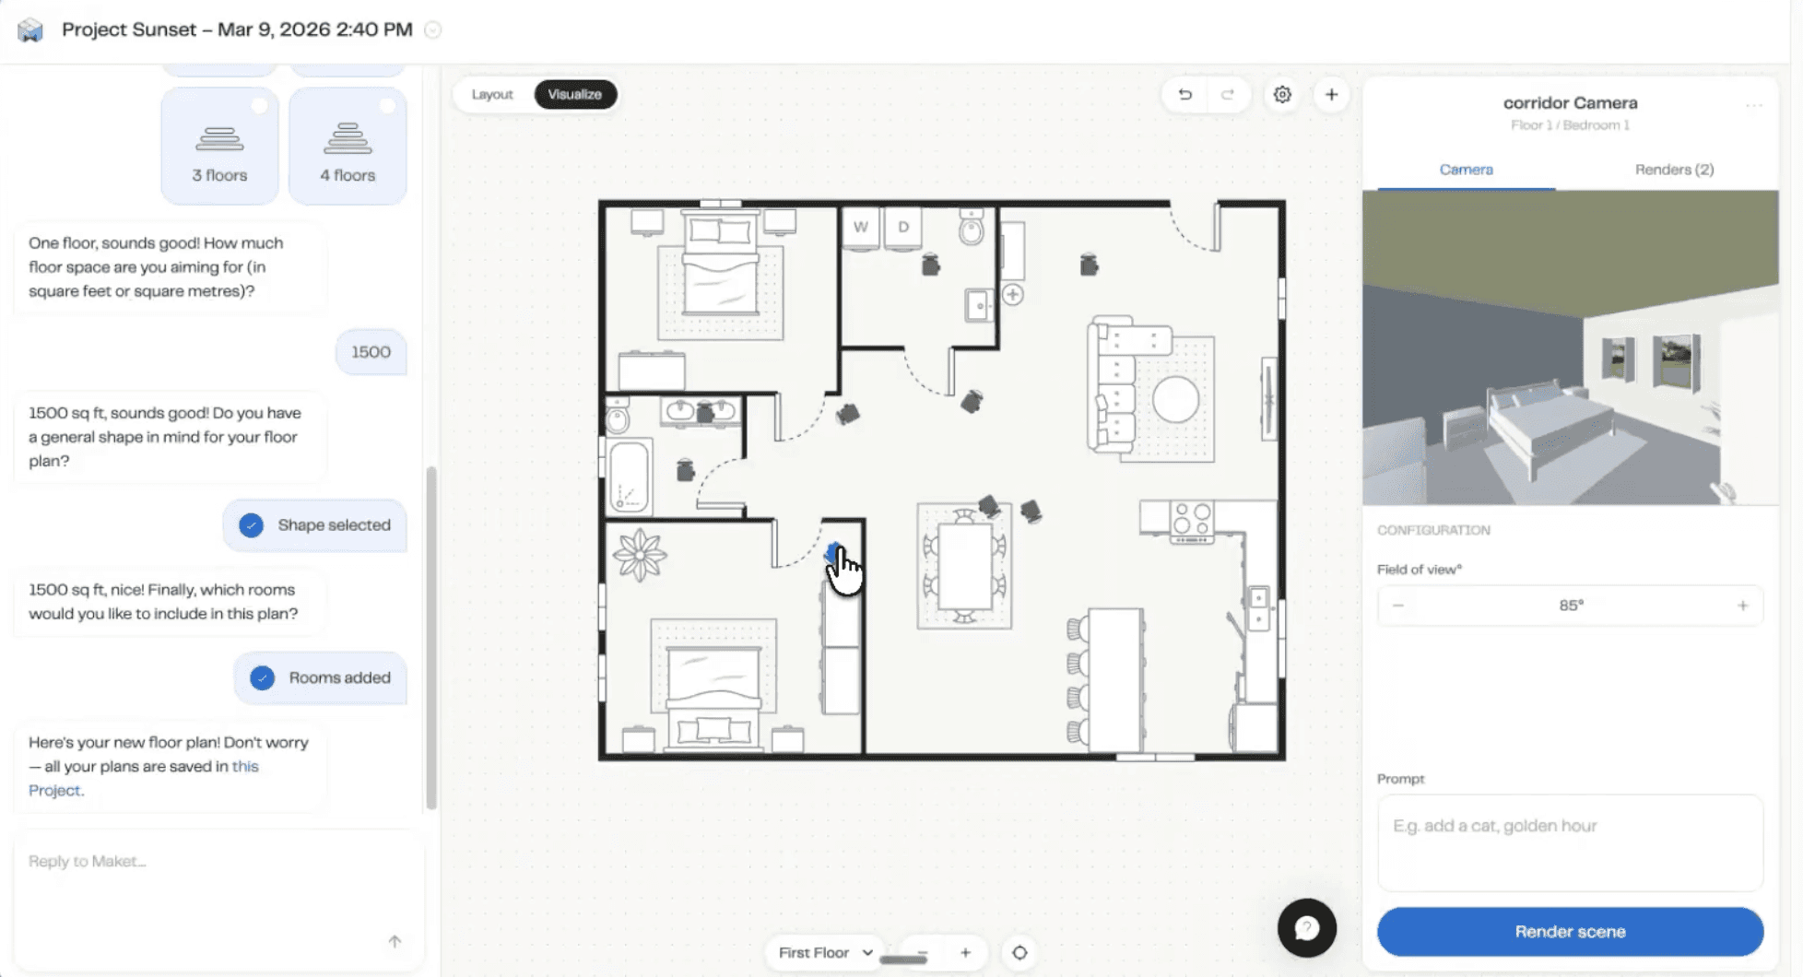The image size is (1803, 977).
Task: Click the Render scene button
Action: coord(1570,932)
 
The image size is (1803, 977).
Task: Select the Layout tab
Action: coord(492,94)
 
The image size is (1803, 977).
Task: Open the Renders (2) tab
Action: coord(1674,170)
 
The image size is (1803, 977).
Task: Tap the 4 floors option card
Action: coord(348,146)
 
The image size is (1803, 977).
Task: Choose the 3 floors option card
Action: coord(219,146)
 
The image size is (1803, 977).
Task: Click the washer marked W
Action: coord(861,228)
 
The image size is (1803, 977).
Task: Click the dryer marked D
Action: coord(903,228)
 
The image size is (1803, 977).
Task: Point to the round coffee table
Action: coord(1175,401)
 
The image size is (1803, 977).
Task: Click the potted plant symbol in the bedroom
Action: coord(639,555)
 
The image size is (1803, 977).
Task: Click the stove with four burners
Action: coord(1191,522)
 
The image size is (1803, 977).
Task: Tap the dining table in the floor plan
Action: coord(964,566)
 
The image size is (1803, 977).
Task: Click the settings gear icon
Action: coord(1282,95)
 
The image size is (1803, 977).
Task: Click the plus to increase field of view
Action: coord(1742,606)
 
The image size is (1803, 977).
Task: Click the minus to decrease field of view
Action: coord(1398,606)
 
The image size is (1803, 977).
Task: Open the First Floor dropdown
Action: coord(824,953)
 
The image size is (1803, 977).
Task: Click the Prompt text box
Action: coord(1570,842)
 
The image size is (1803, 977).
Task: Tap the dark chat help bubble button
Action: coord(1306,928)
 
